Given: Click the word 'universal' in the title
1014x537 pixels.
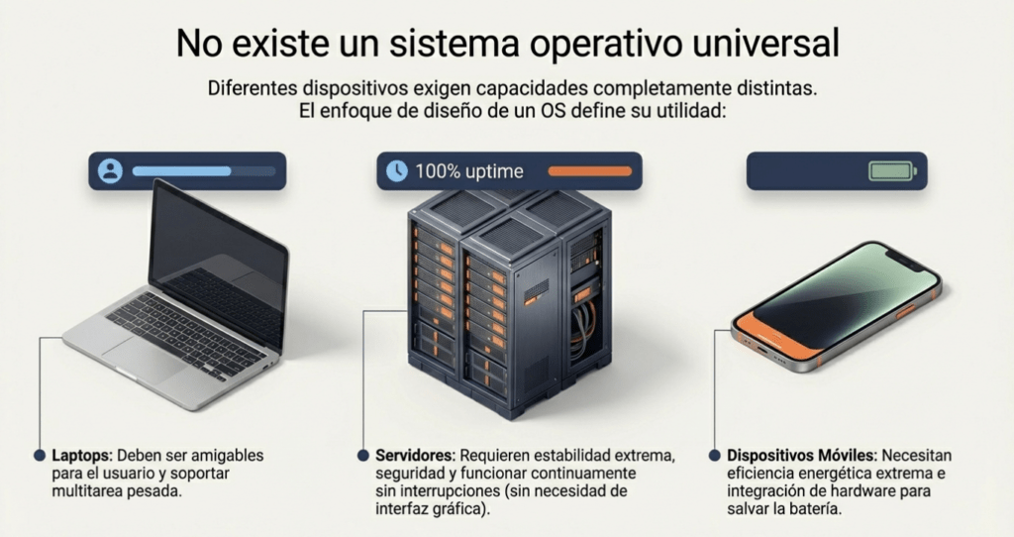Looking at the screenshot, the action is point(765,44).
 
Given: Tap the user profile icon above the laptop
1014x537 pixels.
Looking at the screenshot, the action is point(110,170).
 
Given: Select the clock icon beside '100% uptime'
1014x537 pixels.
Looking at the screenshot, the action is point(396,170).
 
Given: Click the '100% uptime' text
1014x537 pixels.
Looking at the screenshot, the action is point(468,171).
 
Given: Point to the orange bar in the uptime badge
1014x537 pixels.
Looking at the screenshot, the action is point(590,170).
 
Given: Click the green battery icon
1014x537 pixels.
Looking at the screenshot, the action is point(892,171).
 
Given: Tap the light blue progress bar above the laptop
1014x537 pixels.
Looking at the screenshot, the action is point(182,171).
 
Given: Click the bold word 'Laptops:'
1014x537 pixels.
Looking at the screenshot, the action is point(82,456).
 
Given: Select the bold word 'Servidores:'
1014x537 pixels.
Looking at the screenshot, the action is point(415,456).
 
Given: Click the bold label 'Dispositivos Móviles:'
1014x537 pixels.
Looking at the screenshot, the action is point(801,456).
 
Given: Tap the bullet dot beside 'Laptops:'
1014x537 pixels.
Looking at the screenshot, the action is point(40,456).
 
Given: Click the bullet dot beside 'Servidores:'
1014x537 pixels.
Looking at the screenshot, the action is point(362,456).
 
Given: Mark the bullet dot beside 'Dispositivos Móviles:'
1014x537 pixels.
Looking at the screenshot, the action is point(714,456).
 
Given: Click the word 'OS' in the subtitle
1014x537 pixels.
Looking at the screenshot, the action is point(553,111).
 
